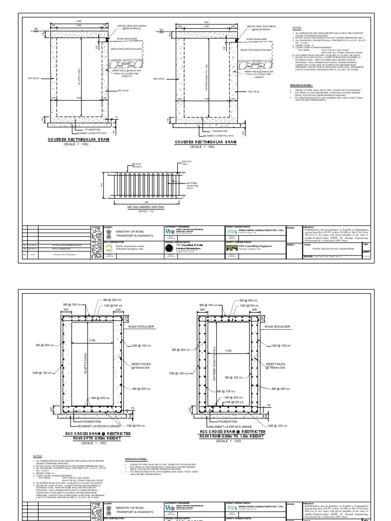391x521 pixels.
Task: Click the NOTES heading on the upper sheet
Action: (296, 29)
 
